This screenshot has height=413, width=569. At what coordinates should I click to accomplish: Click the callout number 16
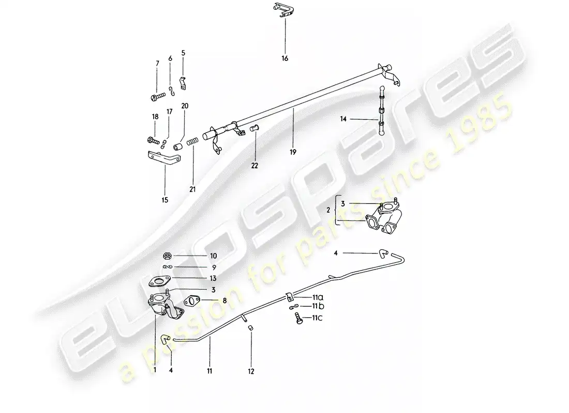point(284,58)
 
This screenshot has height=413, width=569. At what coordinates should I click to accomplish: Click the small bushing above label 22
point(254,128)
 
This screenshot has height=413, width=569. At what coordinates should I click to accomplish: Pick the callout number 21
point(192,189)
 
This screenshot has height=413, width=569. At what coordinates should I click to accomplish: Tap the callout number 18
point(155,117)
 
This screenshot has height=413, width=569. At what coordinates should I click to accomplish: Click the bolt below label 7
point(157,96)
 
